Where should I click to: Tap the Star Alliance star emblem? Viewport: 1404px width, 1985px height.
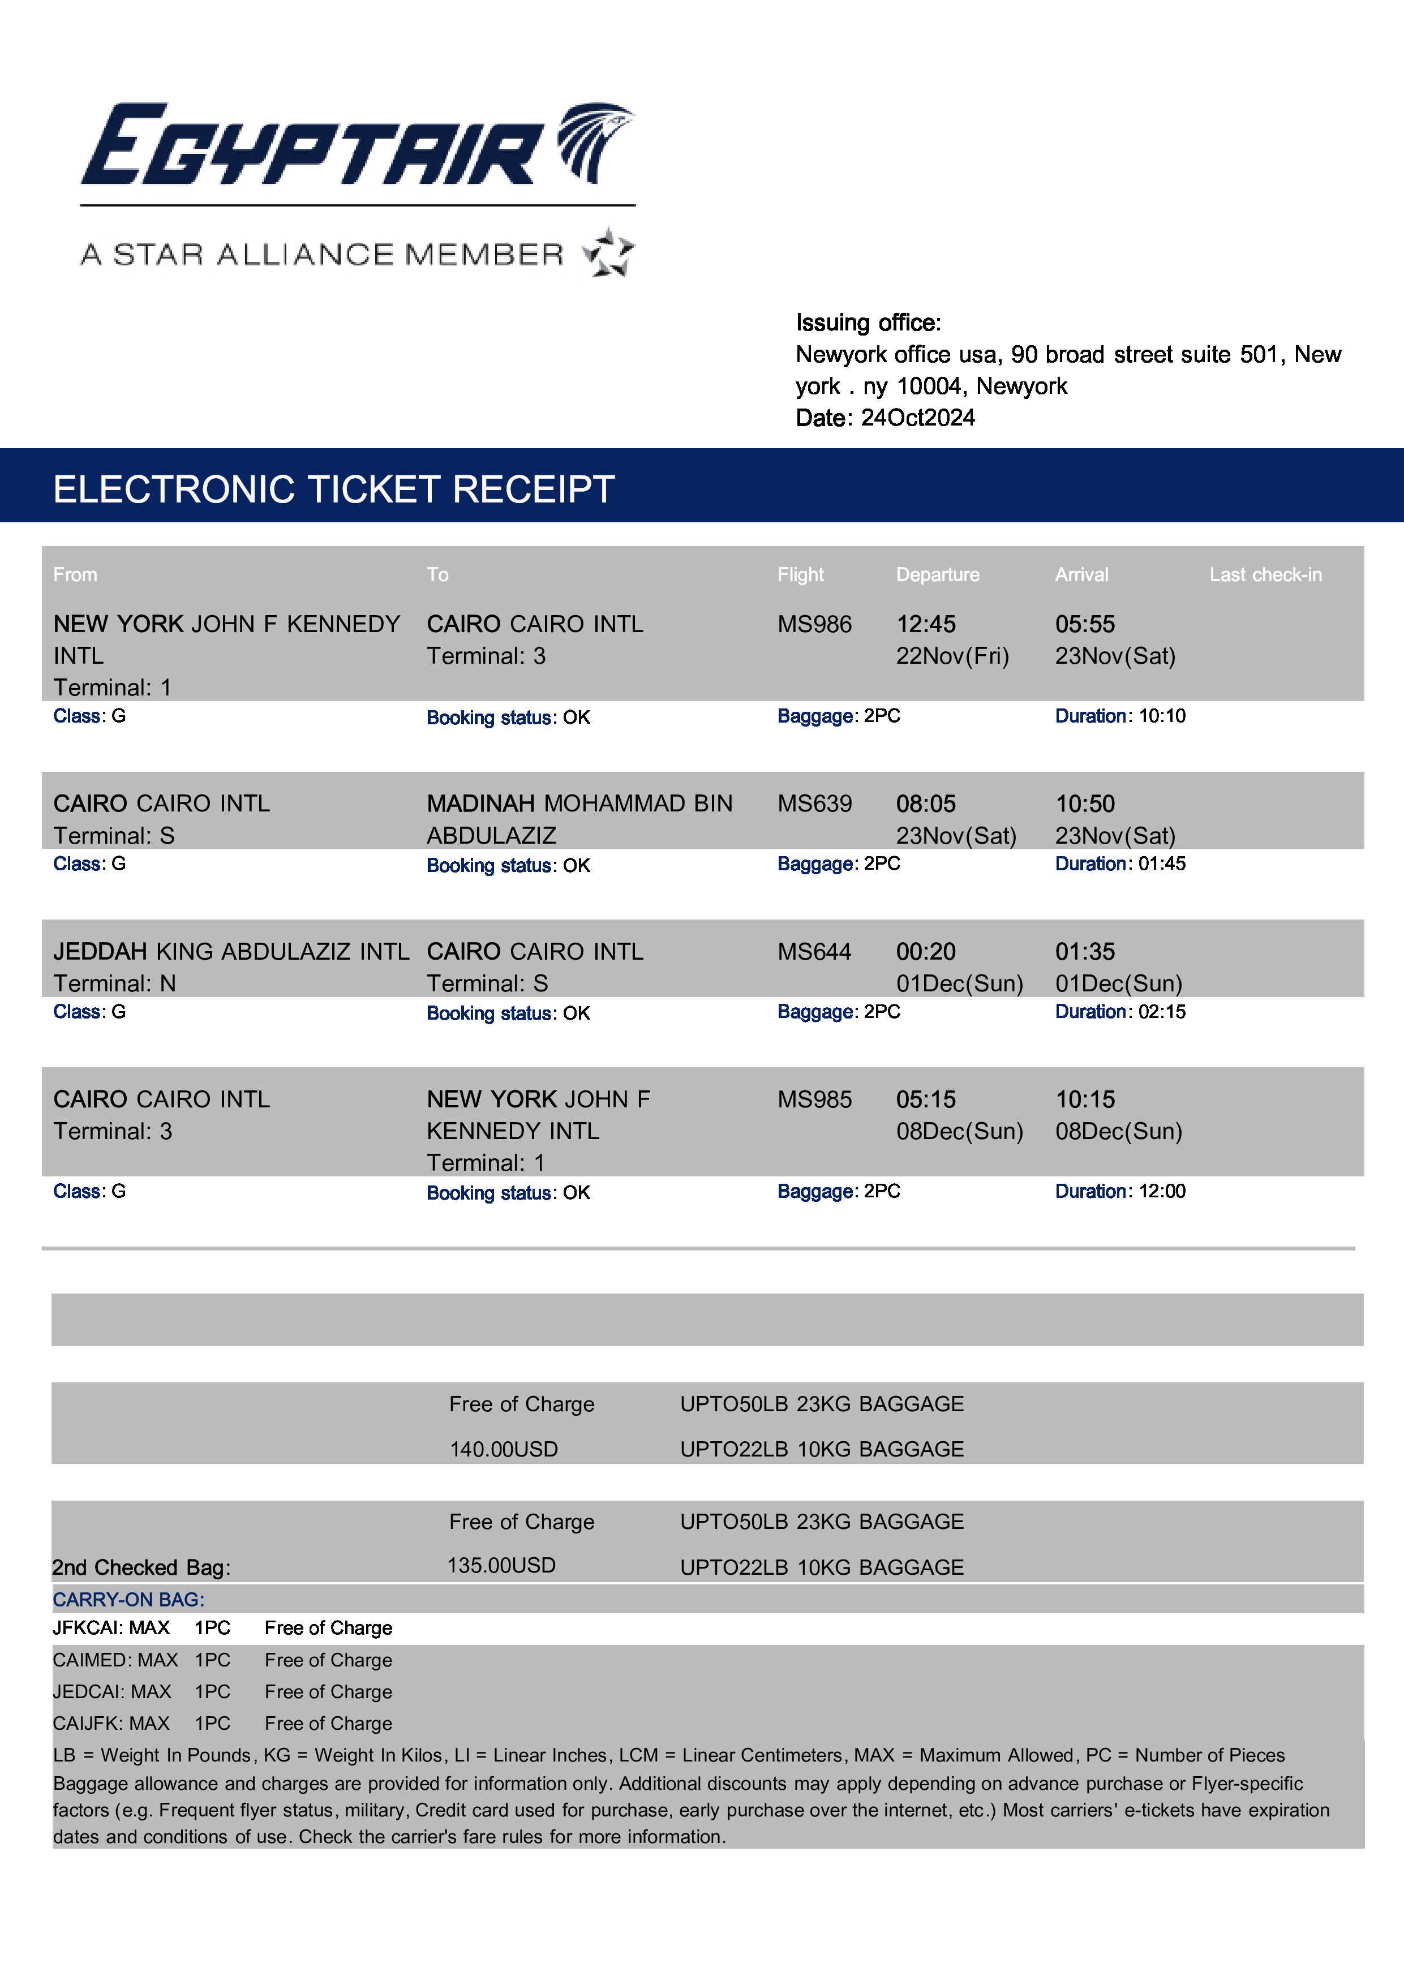point(609,252)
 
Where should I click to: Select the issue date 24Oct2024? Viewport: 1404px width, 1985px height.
point(917,418)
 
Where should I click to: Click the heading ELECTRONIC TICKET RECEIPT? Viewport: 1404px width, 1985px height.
point(334,489)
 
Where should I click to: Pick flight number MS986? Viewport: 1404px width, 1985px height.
point(814,624)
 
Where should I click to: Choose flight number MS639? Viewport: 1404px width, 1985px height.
point(814,804)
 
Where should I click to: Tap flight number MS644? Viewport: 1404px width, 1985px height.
point(814,952)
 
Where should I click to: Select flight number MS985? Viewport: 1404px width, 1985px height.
point(814,1099)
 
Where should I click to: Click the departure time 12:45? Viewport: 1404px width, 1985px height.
point(925,624)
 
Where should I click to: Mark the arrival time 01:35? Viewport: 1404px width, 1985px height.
point(1084,952)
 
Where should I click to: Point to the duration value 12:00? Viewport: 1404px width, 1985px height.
point(1162,1191)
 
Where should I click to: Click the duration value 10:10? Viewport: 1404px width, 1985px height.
point(1162,716)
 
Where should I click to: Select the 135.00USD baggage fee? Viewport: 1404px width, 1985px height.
point(501,1566)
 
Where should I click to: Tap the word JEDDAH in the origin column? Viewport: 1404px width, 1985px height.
point(100,952)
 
